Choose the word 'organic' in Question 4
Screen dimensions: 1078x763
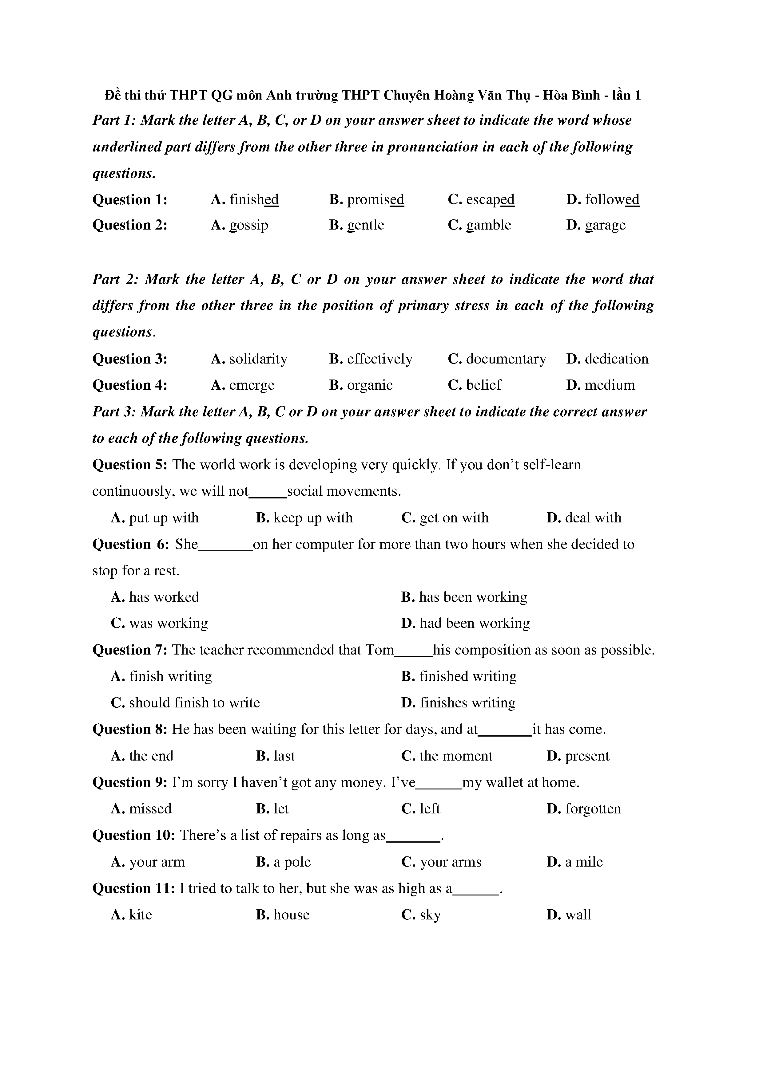pos(369,385)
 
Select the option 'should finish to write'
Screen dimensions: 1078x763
pos(194,702)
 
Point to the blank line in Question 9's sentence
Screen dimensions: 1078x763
pos(439,785)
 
